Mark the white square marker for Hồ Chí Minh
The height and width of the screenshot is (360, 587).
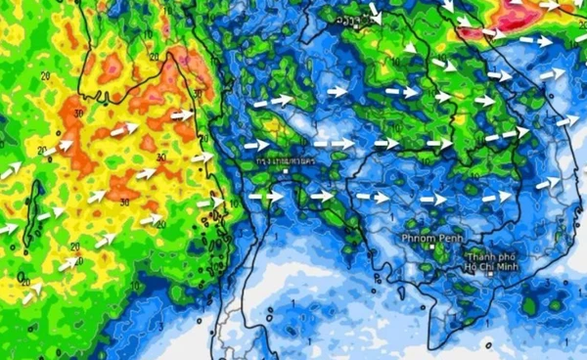click(489, 275)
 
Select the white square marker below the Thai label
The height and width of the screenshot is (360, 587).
click(285, 171)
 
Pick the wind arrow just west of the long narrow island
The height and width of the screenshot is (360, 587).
click(9, 229)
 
